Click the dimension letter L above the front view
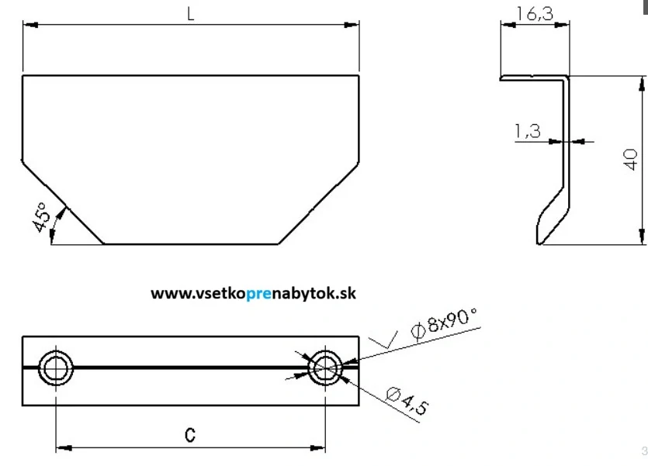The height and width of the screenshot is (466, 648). click(190, 14)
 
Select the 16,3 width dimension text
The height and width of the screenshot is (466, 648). click(535, 14)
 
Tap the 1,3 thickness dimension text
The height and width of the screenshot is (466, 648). click(528, 131)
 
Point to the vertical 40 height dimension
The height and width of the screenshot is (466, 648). click(630, 159)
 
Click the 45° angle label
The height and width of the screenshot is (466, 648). click(41, 217)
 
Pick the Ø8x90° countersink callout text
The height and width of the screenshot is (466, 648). click(444, 323)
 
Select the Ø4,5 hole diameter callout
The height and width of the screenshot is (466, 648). click(407, 401)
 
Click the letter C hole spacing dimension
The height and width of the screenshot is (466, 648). click(190, 435)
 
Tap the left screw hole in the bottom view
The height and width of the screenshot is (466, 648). click(56, 368)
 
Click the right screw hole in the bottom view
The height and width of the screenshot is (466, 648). click(325, 368)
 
